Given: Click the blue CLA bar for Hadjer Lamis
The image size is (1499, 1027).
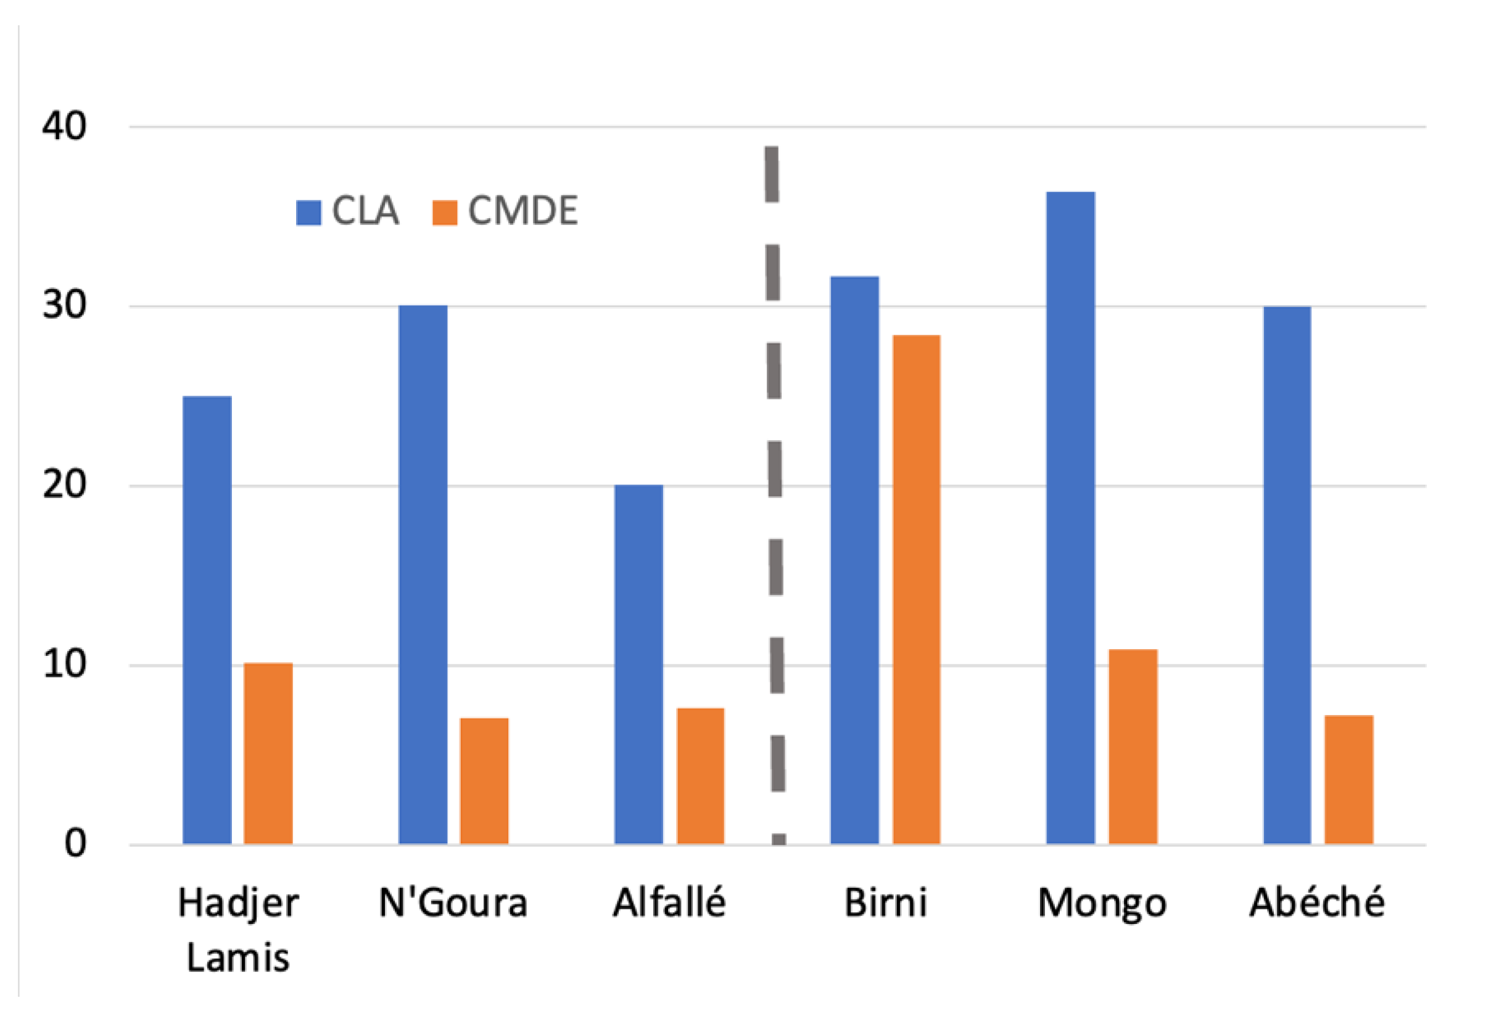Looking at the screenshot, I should click(x=207, y=620).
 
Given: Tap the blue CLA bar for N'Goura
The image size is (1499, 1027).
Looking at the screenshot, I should click(x=423, y=575).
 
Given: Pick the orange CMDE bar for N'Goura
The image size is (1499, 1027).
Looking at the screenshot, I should click(x=484, y=780).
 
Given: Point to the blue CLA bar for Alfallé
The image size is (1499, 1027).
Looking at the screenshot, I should click(x=638, y=664).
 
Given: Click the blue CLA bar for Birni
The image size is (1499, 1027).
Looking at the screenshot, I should click(x=854, y=560).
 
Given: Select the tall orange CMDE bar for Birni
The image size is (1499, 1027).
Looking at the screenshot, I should click(x=917, y=589).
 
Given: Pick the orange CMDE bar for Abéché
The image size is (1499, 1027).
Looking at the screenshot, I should click(x=1349, y=779).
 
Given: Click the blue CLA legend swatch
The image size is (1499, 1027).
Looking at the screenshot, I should click(x=308, y=213).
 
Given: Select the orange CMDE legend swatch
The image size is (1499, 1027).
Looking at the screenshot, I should click(x=444, y=213).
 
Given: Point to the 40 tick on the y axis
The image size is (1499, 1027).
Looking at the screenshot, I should click(x=64, y=126).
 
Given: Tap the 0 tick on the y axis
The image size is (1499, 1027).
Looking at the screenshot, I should click(x=75, y=843).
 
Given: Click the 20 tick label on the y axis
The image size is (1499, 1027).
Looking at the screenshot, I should click(x=64, y=485).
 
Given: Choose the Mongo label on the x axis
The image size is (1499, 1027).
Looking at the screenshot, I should click(x=1102, y=902).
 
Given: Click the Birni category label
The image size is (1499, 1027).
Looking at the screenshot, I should click(x=886, y=902).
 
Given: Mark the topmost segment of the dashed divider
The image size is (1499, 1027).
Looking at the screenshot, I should click(x=772, y=174).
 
